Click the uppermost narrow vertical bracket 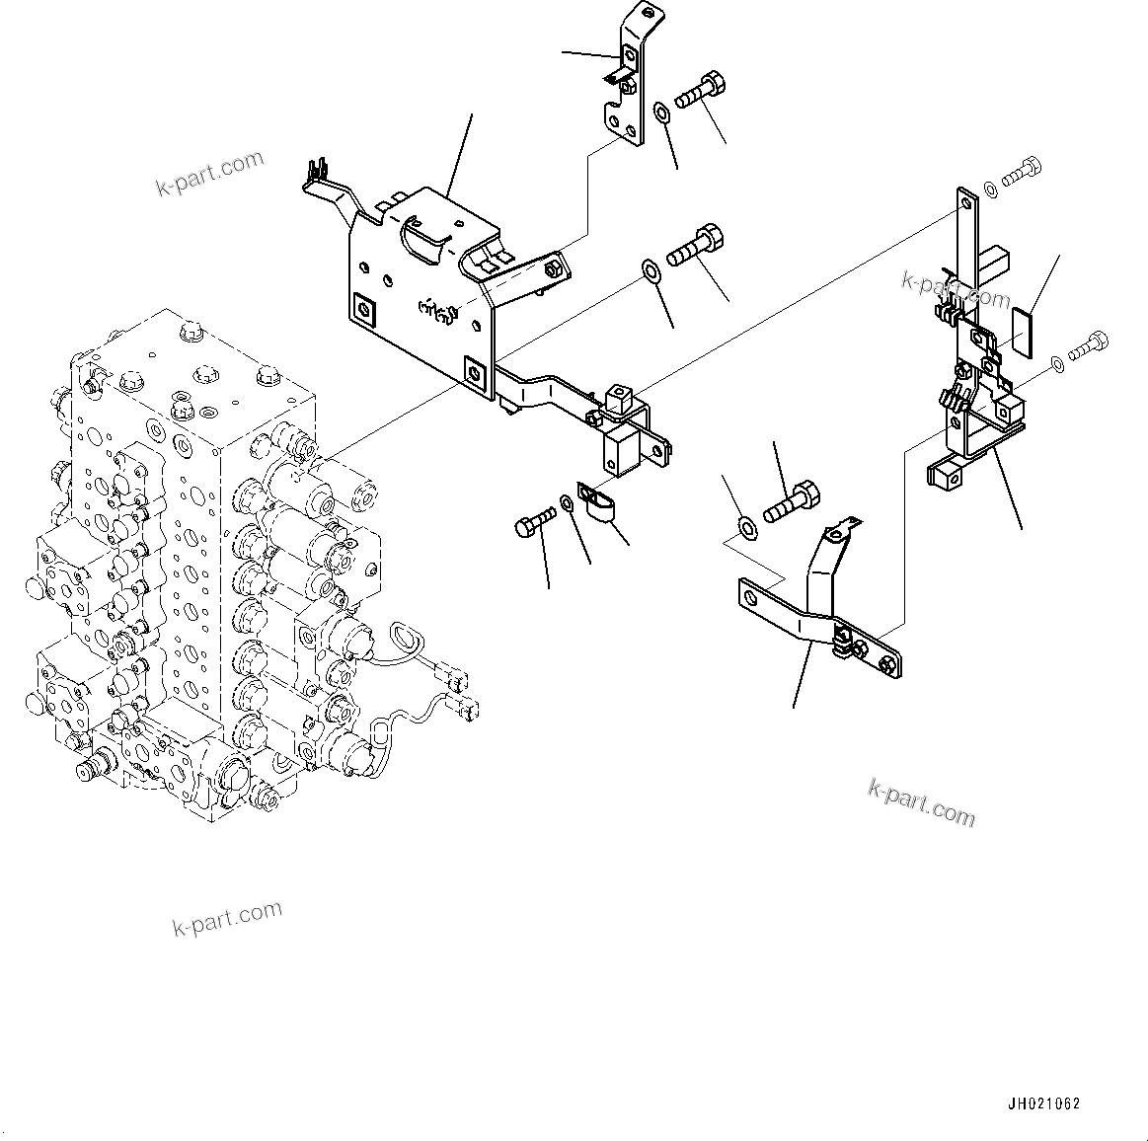pos(623,79)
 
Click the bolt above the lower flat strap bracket pos(791,499)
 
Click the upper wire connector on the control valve pos(457,679)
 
